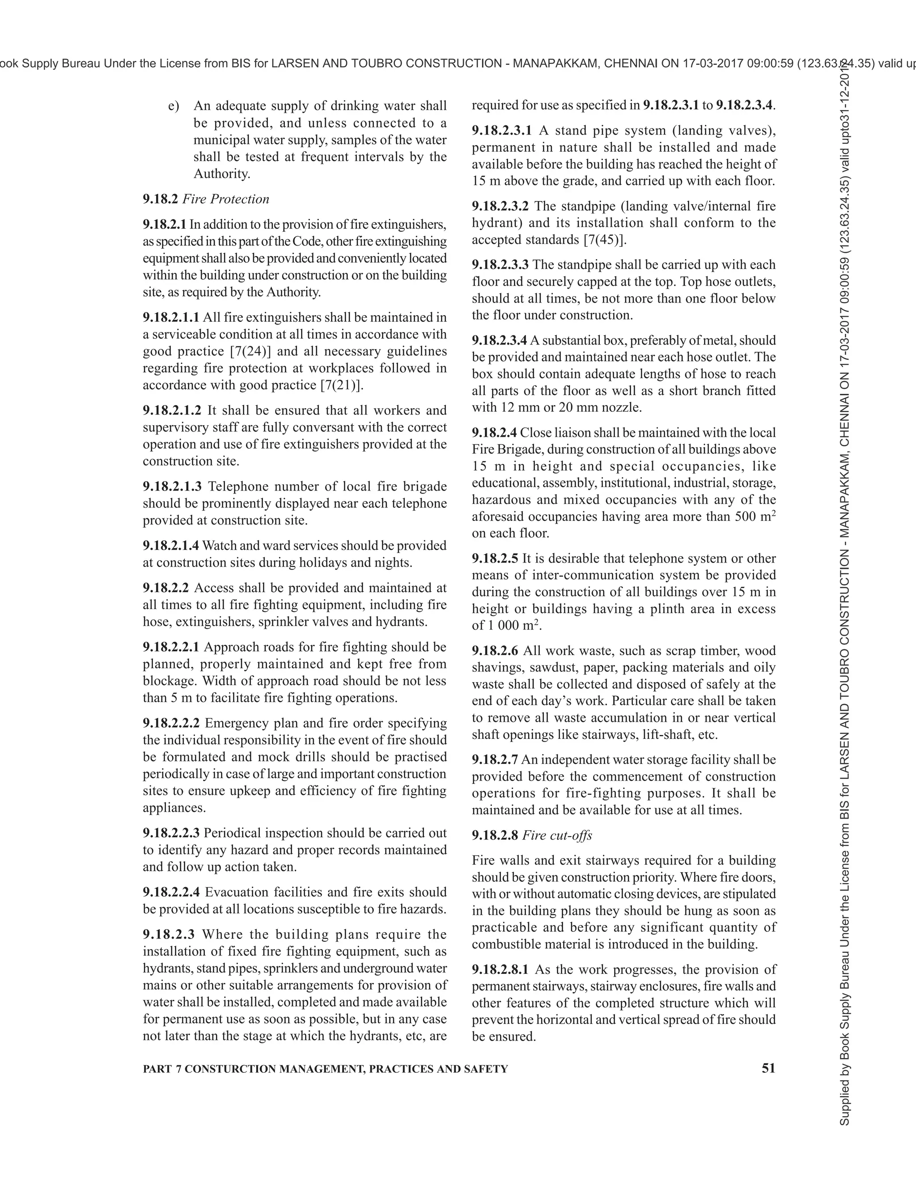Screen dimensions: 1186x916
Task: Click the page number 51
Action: pos(768,1068)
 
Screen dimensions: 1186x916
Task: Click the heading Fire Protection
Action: pos(226,199)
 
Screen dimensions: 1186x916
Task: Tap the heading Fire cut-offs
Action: pos(557,835)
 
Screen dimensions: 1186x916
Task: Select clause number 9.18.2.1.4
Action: pos(171,546)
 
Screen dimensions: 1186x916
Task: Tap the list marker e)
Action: pos(174,106)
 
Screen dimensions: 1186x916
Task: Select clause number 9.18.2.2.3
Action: pos(171,833)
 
